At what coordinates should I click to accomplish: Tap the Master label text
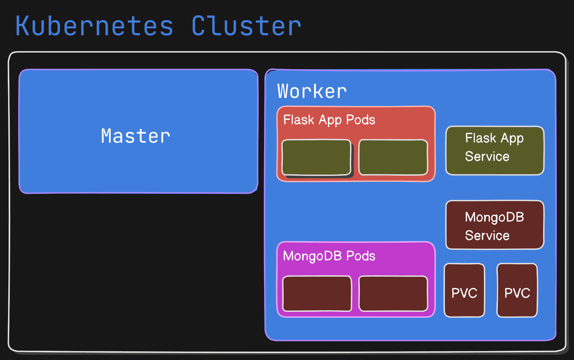tap(136, 136)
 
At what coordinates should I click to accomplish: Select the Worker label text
tap(312, 91)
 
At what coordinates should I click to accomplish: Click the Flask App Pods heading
tap(329, 120)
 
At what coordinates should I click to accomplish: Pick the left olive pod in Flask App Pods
tap(316, 158)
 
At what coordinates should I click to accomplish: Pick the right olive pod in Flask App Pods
tap(393, 158)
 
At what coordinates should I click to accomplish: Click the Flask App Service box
tap(495, 151)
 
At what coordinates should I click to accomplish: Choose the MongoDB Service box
tap(495, 225)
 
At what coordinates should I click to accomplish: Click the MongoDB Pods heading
tap(329, 256)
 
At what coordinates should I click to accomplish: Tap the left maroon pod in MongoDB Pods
tap(317, 294)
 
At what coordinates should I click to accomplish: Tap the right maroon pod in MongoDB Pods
tap(393, 294)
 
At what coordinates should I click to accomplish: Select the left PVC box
tap(464, 290)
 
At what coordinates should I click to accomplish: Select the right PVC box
tap(517, 290)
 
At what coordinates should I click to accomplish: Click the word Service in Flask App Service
tap(487, 156)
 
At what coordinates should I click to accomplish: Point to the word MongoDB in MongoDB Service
tap(495, 218)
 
